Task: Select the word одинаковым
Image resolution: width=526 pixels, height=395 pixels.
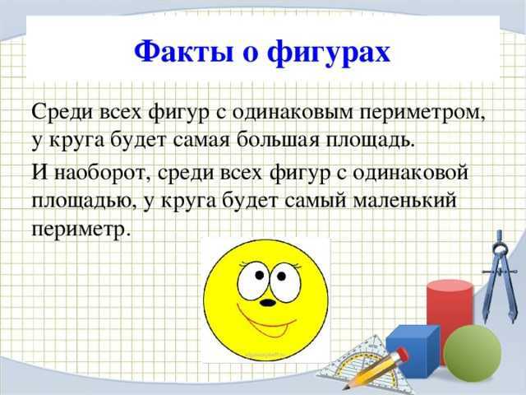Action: [x=293, y=112]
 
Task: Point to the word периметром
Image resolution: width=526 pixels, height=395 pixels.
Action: [x=422, y=113]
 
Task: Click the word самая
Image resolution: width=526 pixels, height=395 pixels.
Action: [x=201, y=140]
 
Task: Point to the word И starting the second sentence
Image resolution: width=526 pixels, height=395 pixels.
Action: [x=40, y=173]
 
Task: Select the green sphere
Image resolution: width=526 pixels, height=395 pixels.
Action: [x=472, y=353]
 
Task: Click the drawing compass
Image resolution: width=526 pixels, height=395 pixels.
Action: [x=501, y=276]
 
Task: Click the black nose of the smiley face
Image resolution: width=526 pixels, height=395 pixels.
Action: [x=268, y=303]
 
